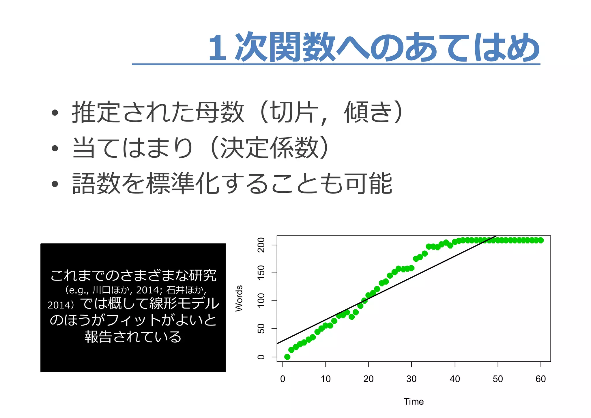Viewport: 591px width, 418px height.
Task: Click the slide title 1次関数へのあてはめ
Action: pyautogui.click(x=373, y=47)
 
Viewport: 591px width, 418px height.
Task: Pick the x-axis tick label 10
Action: pyautogui.click(x=326, y=379)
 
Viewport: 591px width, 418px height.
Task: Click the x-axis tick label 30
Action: pyautogui.click(x=411, y=379)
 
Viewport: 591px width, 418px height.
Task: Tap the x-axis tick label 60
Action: pyautogui.click(x=540, y=379)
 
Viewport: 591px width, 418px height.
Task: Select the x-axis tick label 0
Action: pyautogui.click(x=283, y=379)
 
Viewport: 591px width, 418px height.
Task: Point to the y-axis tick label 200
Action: pyautogui.click(x=261, y=245)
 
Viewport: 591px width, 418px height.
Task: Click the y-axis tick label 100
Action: pyautogui.click(x=261, y=300)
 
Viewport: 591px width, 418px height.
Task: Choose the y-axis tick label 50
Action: pyautogui.click(x=261, y=329)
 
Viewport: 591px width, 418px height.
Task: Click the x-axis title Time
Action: pyautogui.click(x=414, y=402)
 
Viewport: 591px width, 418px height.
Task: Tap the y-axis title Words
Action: pyautogui.click(x=239, y=298)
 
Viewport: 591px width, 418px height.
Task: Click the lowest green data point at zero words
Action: pyautogui.click(x=287, y=357)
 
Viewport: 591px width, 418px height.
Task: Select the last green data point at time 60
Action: pyautogui.click(x=541, y=240)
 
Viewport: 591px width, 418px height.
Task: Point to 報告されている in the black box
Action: pyautogui.click(x=133, y=337)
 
